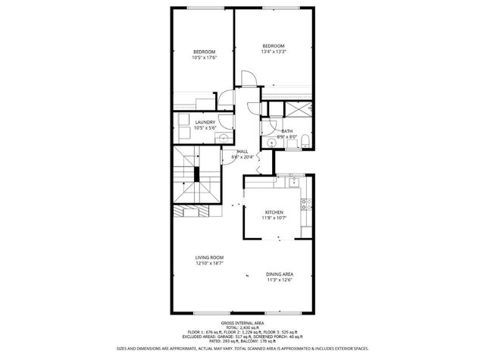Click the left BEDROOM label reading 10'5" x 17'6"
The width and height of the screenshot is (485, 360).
click(204, 55)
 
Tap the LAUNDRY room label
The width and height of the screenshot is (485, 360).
click(205, 125)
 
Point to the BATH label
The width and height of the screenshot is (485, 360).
click(287, 133)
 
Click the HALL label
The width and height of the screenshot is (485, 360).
click(243, 155)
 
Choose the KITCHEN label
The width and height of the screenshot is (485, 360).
click(274, 214)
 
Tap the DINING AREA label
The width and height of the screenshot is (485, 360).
click(280, 277)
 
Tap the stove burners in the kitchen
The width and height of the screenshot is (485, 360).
click(305, 203)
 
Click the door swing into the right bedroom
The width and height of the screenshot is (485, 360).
click(248, 77)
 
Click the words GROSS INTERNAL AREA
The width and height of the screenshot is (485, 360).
click(242, 322)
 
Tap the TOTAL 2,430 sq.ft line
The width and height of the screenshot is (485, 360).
click(242, 327)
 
